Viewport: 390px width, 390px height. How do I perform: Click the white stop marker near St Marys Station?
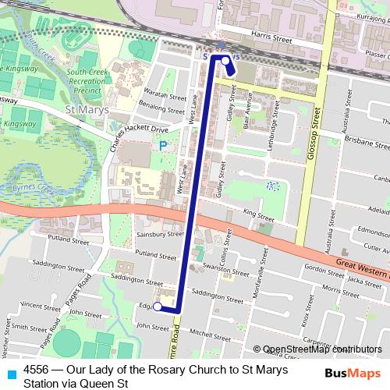click(x=225, y=60)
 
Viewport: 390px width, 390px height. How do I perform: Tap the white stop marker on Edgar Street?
click(x=157, y=307)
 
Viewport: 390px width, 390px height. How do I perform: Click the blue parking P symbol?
click(x=163, y=146)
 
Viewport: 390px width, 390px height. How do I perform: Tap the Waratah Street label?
click(x=162, y=93)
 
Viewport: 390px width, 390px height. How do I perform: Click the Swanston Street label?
click(x=218, y=266)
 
